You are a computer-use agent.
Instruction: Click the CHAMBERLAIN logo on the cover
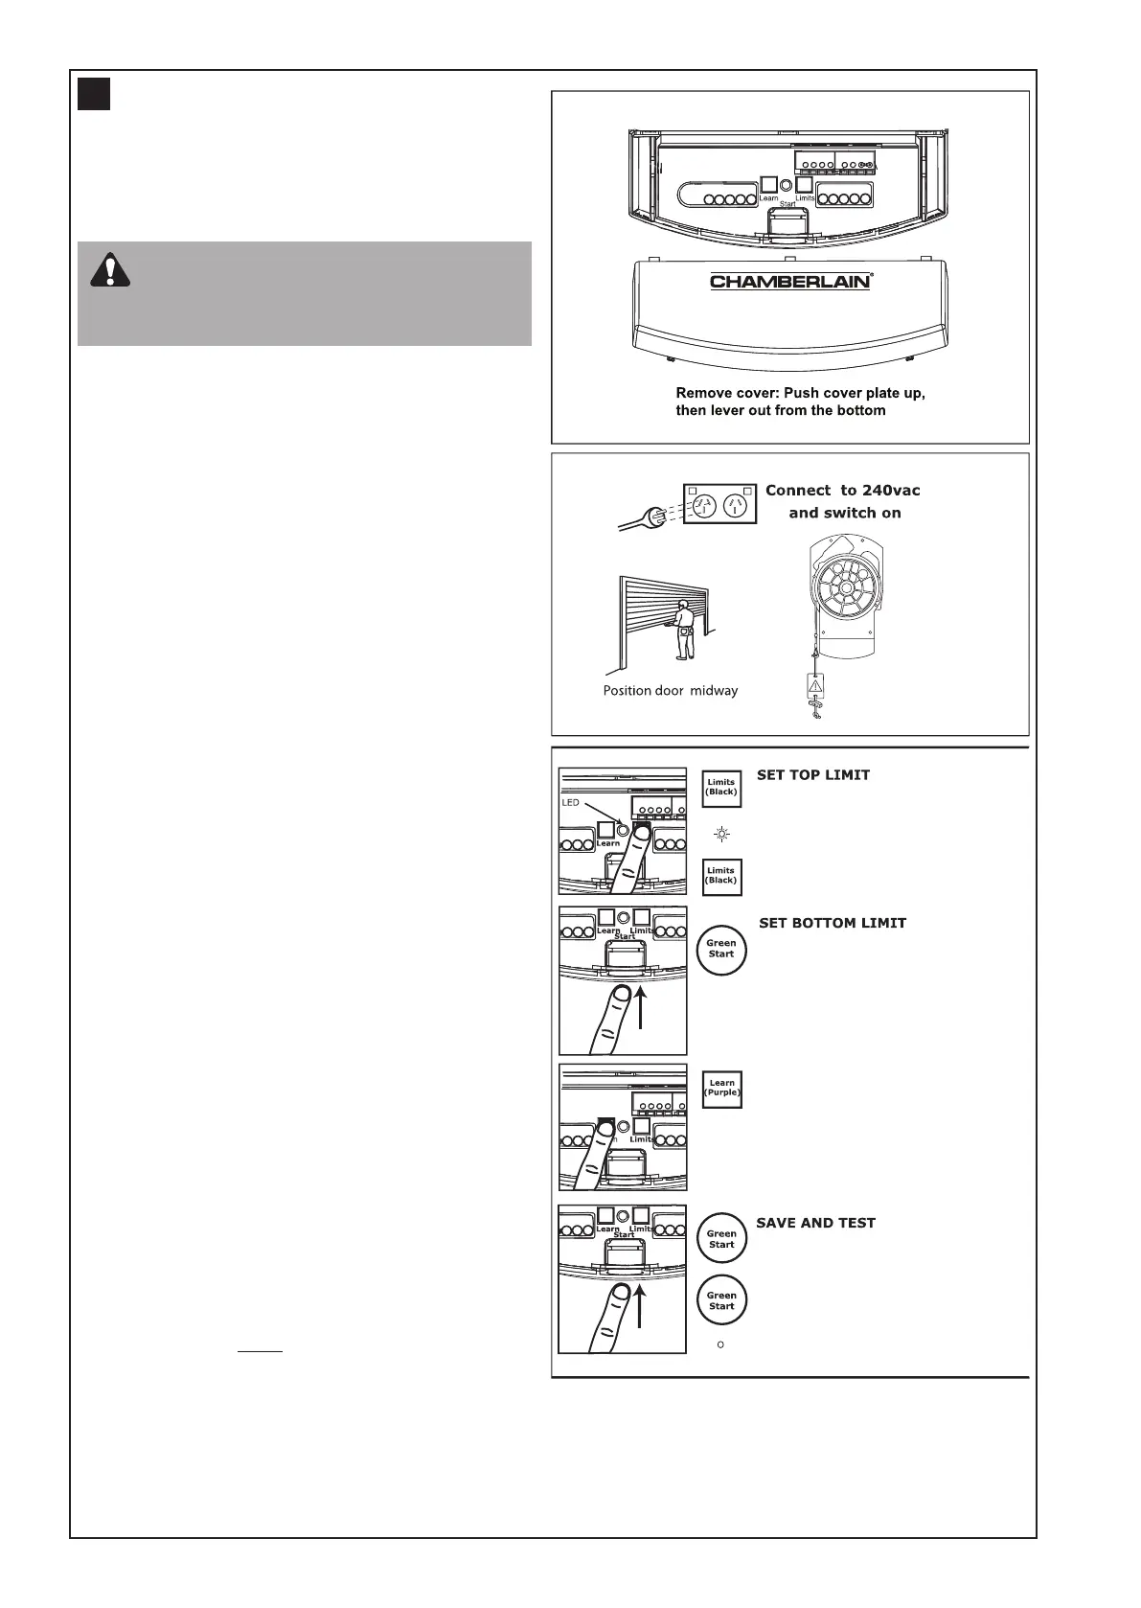point(790,281)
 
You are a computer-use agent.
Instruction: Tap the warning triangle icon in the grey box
point(110,270)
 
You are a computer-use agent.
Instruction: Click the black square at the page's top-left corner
point(94,94)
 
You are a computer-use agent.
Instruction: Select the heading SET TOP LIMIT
point(813,775)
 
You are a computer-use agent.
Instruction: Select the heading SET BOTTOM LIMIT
point(832,923)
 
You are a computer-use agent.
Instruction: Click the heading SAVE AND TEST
point(815,1223)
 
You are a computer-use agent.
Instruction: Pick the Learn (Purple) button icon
point(721,1089)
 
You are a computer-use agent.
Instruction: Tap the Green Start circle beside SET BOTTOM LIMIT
point(721,949)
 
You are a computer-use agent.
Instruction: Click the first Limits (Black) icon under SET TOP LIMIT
point(721,788)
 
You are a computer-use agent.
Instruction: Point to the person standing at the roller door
point(683,629)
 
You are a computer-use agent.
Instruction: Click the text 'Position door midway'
point(671,690)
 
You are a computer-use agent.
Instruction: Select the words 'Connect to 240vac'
point(842,491)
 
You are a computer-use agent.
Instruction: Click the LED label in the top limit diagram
point(570,802)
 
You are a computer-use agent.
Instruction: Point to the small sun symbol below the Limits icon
point(721,835)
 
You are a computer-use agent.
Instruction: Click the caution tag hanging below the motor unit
point(814,685)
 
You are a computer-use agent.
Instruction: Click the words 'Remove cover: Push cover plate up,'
point(800,393)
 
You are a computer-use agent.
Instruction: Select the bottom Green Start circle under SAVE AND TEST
point(721,1300)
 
